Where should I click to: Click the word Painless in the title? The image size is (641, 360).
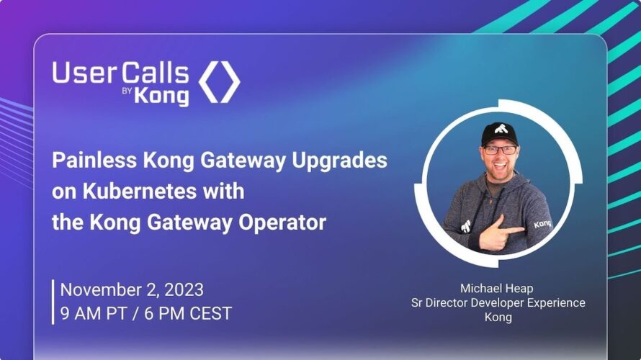pos(94,160)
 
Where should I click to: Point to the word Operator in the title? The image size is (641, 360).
pos(282,223)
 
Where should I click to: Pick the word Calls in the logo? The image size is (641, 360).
pos(156,73)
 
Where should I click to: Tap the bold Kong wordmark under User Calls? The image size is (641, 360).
pos(161,96)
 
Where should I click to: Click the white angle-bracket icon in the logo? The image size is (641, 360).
pos(219,82)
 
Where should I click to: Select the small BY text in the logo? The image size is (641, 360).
pos(127,91)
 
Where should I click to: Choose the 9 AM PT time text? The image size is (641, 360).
pos(93,313)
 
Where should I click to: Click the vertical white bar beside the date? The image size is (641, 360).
pos(53,302)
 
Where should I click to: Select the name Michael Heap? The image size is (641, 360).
pos(497,289)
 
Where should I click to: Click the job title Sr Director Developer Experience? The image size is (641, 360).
pos(498,303)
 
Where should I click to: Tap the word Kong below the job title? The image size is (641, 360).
pos(498,317)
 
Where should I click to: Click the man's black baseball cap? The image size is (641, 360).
pos(500,133)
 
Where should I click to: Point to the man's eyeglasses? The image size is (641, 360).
pos(501,150)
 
